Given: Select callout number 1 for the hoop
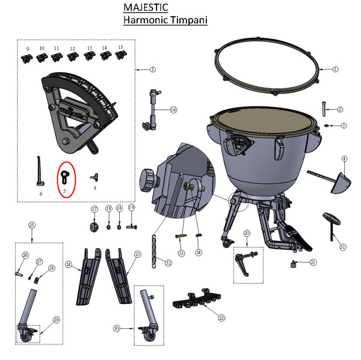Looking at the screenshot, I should (335, 69).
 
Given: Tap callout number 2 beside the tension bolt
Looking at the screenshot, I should (341, 109).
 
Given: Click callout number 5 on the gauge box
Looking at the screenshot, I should (153, 70).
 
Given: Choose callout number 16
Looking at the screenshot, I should (174, 110).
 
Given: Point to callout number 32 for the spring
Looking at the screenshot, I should (168, 262).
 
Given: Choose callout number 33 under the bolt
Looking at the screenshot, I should (180, 253).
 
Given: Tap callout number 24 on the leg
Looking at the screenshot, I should (69, 264).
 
